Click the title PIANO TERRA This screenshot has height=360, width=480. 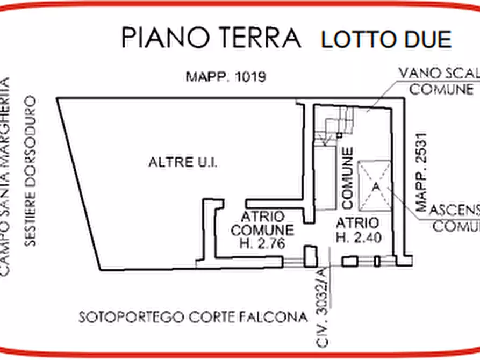click(x=211, y=38)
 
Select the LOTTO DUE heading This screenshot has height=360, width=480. click(x=385, y=40)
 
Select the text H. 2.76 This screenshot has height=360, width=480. click(x=262, y=243)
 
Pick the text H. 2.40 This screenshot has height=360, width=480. click(x=357, y=237)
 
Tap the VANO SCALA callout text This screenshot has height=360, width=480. click(x=438, y=74)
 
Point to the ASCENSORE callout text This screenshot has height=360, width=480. click(x=452, y=209)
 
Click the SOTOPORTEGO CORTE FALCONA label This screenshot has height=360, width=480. click(x=193, y=317)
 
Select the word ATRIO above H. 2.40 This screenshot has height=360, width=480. click(x=357, y=222)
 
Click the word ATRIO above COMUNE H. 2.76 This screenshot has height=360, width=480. click(x=262, y=217)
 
